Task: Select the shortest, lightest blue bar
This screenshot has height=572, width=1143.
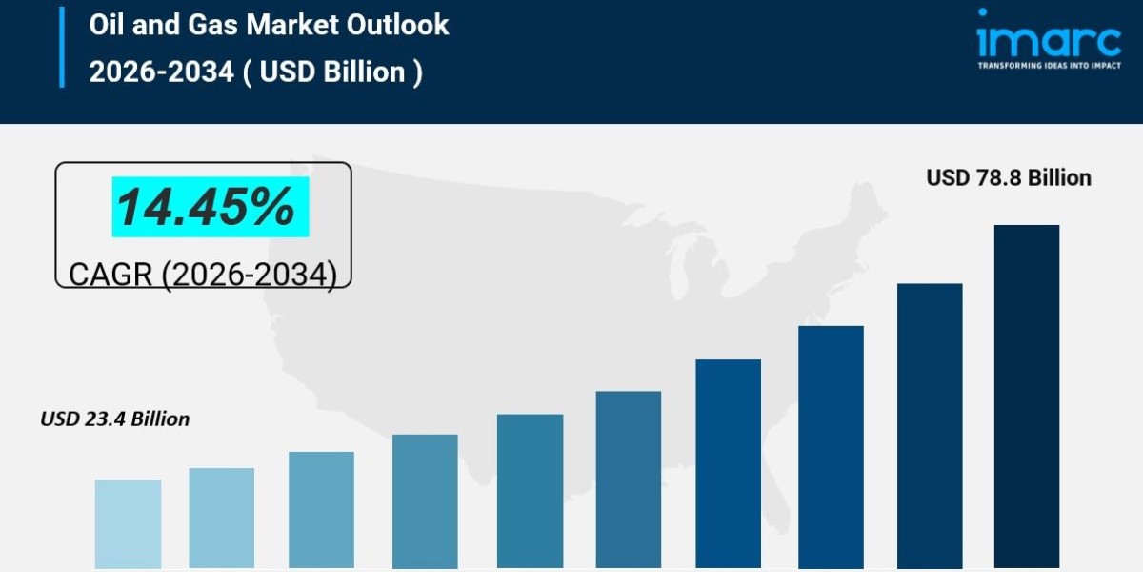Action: pyautogui.click(x=128, y=523)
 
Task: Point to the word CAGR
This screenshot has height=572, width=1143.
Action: pyautogui.click(x=110, y=275)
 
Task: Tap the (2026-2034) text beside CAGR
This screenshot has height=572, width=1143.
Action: pyautogui.click(x=249, y=275)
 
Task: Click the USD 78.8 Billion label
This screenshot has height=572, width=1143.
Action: pyautogui.click(x=1009, y=177)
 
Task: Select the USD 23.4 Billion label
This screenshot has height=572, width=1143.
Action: pyautogui.click(x=114, y=419)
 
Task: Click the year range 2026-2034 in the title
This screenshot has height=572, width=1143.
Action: pyautogui.click(x=161, y=71)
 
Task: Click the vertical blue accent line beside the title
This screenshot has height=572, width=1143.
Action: pyautogui.click(x=62, y=47)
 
